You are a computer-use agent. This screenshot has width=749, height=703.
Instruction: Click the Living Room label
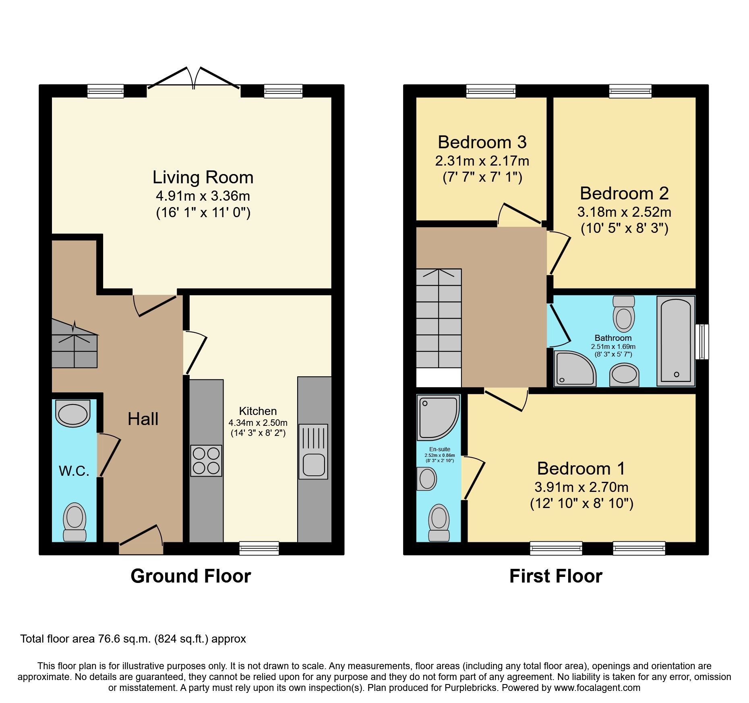pos(203,178)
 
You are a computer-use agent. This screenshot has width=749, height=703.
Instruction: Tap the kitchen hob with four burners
pos(206,461)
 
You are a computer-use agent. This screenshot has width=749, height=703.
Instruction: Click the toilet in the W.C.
pos(74,521)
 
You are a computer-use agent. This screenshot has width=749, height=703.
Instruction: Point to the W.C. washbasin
pos(73,413)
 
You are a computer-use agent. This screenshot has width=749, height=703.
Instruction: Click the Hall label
pos(143,419)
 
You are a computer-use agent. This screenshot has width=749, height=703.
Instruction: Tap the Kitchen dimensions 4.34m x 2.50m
pos(258,423)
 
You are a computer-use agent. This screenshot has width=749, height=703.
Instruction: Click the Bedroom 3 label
pos(482,142)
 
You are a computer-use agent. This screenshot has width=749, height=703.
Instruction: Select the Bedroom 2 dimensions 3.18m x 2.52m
pos(624,212)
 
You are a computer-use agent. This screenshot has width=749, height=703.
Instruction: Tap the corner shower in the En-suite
pos(438,417)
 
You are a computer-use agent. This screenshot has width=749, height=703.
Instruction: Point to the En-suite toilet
pos(439,523)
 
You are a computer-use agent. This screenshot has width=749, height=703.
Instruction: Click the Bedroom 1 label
pos(581,469)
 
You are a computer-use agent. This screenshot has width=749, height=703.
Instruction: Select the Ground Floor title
pos(190,576)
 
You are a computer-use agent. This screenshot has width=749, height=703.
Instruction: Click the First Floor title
pos(556,576)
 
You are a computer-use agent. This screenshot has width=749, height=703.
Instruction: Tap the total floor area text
pos(133,639)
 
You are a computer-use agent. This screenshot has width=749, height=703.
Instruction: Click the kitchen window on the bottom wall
pos(259,548)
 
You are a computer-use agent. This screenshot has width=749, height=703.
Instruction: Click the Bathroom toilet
pos(623,314)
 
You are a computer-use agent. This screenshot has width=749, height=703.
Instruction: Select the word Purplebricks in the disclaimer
pos(470,688)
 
